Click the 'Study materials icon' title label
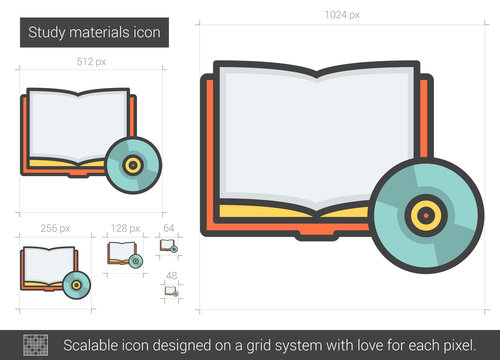[x=95, y=33]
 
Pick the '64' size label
[x=169, y=228]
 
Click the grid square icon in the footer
[x=36, y=344]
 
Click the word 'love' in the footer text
[x=371, y=344]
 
